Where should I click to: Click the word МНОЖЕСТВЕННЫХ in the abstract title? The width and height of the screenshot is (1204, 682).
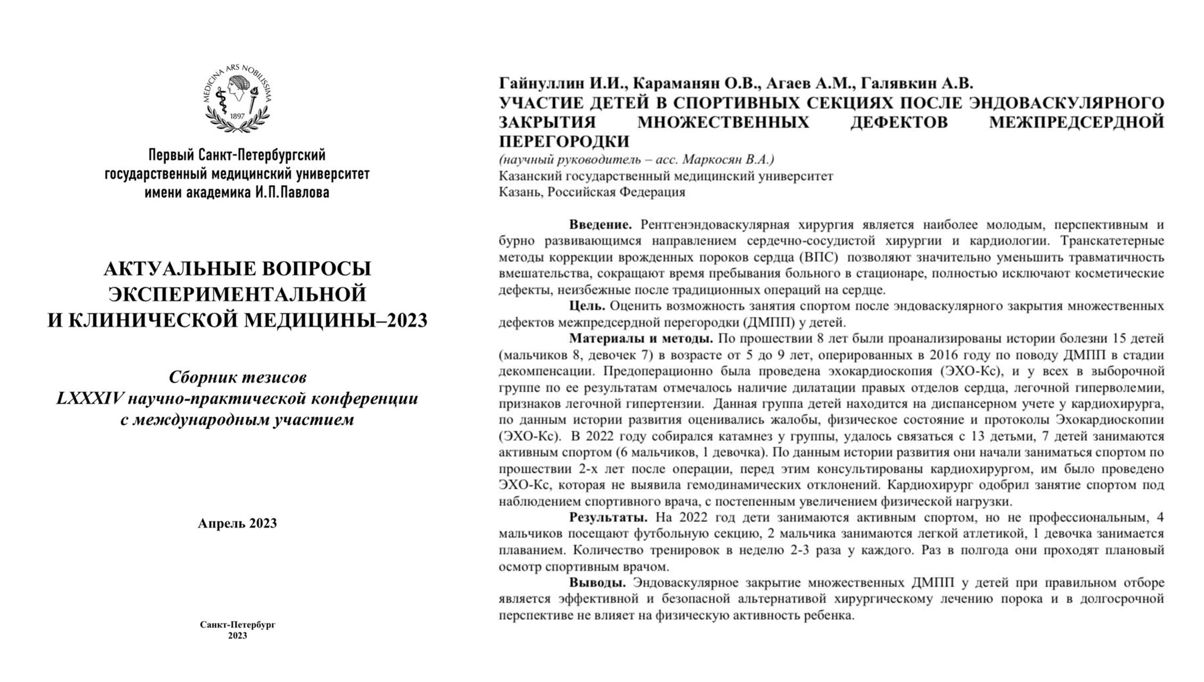click(x=723, y=122)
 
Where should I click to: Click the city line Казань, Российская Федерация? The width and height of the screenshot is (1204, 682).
click(x=592, y=192)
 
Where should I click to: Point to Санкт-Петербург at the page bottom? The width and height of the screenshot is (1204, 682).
click(x=237, y=624)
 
